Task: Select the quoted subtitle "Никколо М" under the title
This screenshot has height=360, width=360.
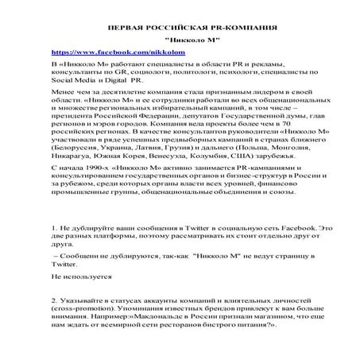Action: click(x=180, y=39)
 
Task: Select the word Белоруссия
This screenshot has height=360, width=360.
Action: click(x=78, y=148)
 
